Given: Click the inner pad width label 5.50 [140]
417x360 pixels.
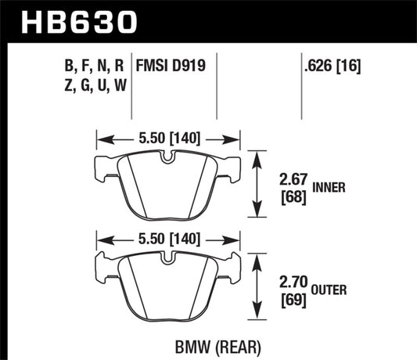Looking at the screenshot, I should [x=167, y=139].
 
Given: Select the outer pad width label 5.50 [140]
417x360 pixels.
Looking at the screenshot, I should [x=167, y=237].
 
